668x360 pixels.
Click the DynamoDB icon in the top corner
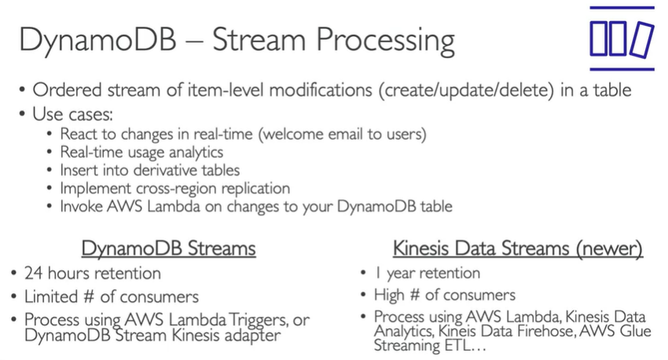(x=622, y=39)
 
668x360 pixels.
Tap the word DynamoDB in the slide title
(x=97, y=40)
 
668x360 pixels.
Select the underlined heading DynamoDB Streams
(x=168, y=248)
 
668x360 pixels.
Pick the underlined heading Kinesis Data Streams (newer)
(x=518, y=248)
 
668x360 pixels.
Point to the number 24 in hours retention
(x=34, y=273)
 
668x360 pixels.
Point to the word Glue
(x=637, y=331)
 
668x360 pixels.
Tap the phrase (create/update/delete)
(x=467, y=90)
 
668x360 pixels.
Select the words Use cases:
(x=73, y=114)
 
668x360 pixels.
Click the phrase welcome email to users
(x=343, y=134)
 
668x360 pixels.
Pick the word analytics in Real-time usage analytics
(x=196, y=152)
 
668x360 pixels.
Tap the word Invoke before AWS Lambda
(x=81, y=206)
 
